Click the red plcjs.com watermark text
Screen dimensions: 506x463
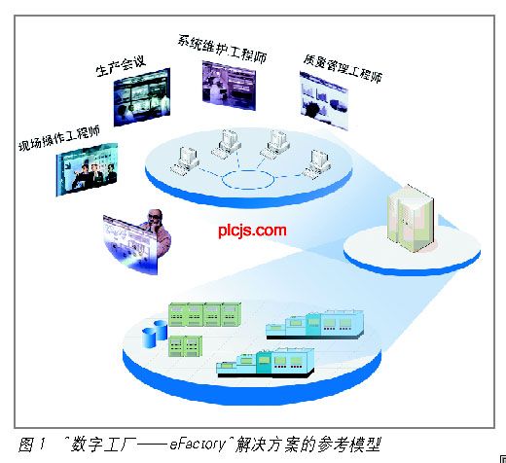(252, 231)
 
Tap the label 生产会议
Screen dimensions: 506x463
(121, 66)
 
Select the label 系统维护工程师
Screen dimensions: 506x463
(222, 49)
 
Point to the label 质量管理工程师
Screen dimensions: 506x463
(343, 69)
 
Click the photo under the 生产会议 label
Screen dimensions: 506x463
(142, 97)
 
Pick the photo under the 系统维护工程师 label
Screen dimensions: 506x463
(229, 86)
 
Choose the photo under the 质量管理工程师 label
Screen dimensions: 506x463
(324, 101)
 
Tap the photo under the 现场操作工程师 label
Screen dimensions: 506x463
(87, 169)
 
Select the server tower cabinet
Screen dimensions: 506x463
(411, 219)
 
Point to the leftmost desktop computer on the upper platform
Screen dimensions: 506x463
(185, 161)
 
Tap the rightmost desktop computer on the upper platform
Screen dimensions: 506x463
(317, 164)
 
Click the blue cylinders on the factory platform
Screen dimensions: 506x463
(155, 334)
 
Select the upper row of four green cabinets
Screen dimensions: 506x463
(204, 314)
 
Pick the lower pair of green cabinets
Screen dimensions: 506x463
(185, 346)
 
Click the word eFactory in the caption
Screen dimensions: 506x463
(198, 444)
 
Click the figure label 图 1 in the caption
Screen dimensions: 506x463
(31, 445)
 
